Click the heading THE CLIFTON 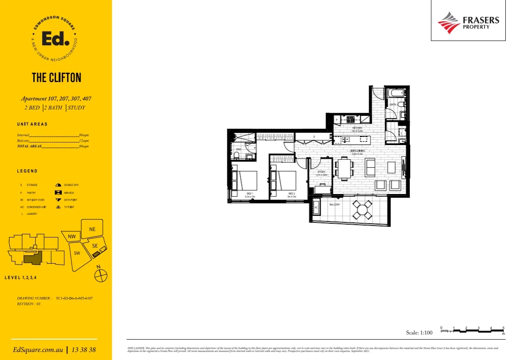[56, 78]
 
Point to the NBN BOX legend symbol [58, 193]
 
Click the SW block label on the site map [76, 253]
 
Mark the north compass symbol [101, 276]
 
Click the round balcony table [363, 209]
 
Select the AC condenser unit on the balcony [317, 208]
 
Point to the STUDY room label [322, 172]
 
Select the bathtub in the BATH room [395, 94]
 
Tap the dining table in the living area [344, 169]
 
